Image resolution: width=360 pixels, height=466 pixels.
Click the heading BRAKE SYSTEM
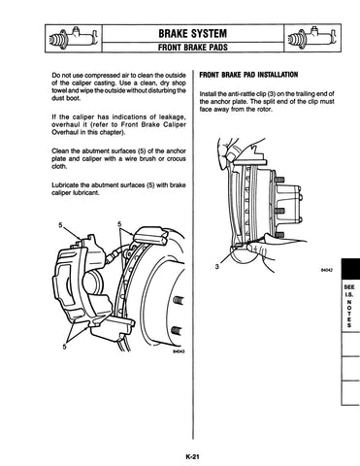(193, 33)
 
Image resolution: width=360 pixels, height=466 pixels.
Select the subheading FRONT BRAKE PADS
(193, 48)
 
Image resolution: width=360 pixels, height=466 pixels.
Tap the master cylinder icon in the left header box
(74, 38)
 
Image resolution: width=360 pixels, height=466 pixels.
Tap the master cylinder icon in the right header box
(312, 38)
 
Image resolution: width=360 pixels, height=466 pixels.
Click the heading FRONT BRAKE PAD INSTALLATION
(248, 75)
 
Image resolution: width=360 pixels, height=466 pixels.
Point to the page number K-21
(192, 457)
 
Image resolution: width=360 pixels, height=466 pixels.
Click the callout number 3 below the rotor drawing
(216, 266)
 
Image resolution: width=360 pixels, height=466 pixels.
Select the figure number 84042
(327, 270)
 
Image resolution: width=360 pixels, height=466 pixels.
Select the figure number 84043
(179, 351)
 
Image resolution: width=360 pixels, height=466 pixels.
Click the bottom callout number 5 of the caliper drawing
(65, 347)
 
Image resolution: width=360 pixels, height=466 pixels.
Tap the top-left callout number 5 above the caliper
(60, 225)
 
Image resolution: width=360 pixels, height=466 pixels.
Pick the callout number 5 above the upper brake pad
(119, 224)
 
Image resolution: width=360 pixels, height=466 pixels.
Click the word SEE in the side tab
(349, 287)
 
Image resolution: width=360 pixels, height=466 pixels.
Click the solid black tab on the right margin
(350, 268)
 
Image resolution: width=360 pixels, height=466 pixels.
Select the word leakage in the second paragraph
(174, 116)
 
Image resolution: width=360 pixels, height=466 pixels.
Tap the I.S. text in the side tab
(349, 294)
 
